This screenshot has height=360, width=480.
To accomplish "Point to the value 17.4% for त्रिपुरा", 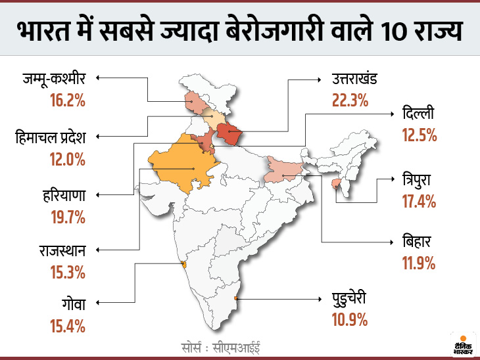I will click(x=419, y=201).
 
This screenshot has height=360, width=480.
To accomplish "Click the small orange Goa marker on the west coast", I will click(x=184, y=265).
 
